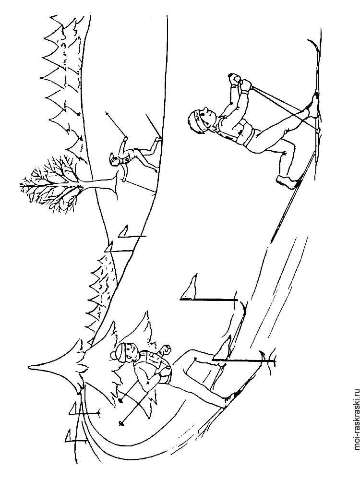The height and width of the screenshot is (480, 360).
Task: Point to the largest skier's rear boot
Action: [287, 181]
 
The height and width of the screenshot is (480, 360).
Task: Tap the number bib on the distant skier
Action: [125, 159]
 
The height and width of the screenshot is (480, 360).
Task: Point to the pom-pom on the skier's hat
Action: [114, 356]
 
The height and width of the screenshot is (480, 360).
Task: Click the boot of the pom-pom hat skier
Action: [231, 398]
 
